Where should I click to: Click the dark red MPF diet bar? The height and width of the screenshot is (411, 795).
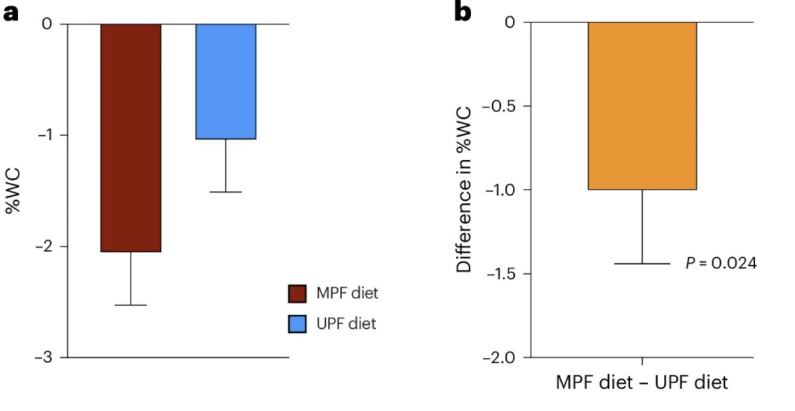click(131, 138)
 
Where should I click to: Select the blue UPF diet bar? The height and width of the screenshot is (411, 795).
click(226, 82)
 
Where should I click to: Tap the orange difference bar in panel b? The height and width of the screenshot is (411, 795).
click(642, 106)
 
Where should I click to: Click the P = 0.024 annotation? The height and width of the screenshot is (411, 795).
click(721, 263)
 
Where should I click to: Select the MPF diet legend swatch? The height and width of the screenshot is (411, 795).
click(297, 293)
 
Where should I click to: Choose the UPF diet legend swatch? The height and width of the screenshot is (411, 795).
click(297, 324)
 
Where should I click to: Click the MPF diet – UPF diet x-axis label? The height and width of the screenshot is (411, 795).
click(642, 383)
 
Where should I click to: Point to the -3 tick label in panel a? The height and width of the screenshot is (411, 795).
click(46, 358)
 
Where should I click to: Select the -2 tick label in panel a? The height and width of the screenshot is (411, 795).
click(46, 247)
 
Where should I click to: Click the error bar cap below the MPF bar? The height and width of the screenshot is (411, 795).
click(131, 305)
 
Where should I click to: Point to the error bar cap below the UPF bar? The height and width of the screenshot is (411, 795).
click(226, 192)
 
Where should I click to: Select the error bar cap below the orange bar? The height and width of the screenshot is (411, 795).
click(642, 264)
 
